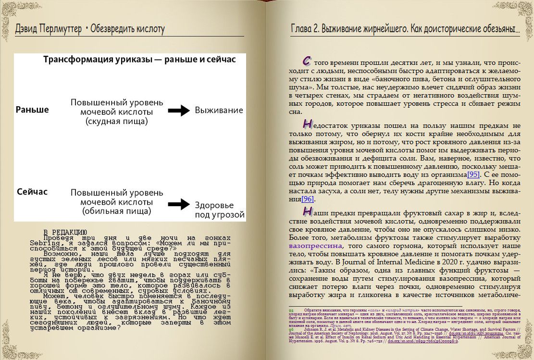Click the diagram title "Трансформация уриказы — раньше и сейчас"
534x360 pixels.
[x=139, y=60]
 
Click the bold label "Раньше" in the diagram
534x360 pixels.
[x=33, y=110]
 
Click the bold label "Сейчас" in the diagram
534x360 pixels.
[x=32, y=192]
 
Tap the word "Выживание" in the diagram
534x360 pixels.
[x=219, y=111]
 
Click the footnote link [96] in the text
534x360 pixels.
[x=308, y=199]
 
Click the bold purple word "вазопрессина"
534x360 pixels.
[x=312, y=246]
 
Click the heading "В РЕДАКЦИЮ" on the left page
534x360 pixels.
[x=65, y=232]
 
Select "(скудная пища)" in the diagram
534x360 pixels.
[x=117, y=121]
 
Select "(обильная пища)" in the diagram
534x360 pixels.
[x=117, y=211]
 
